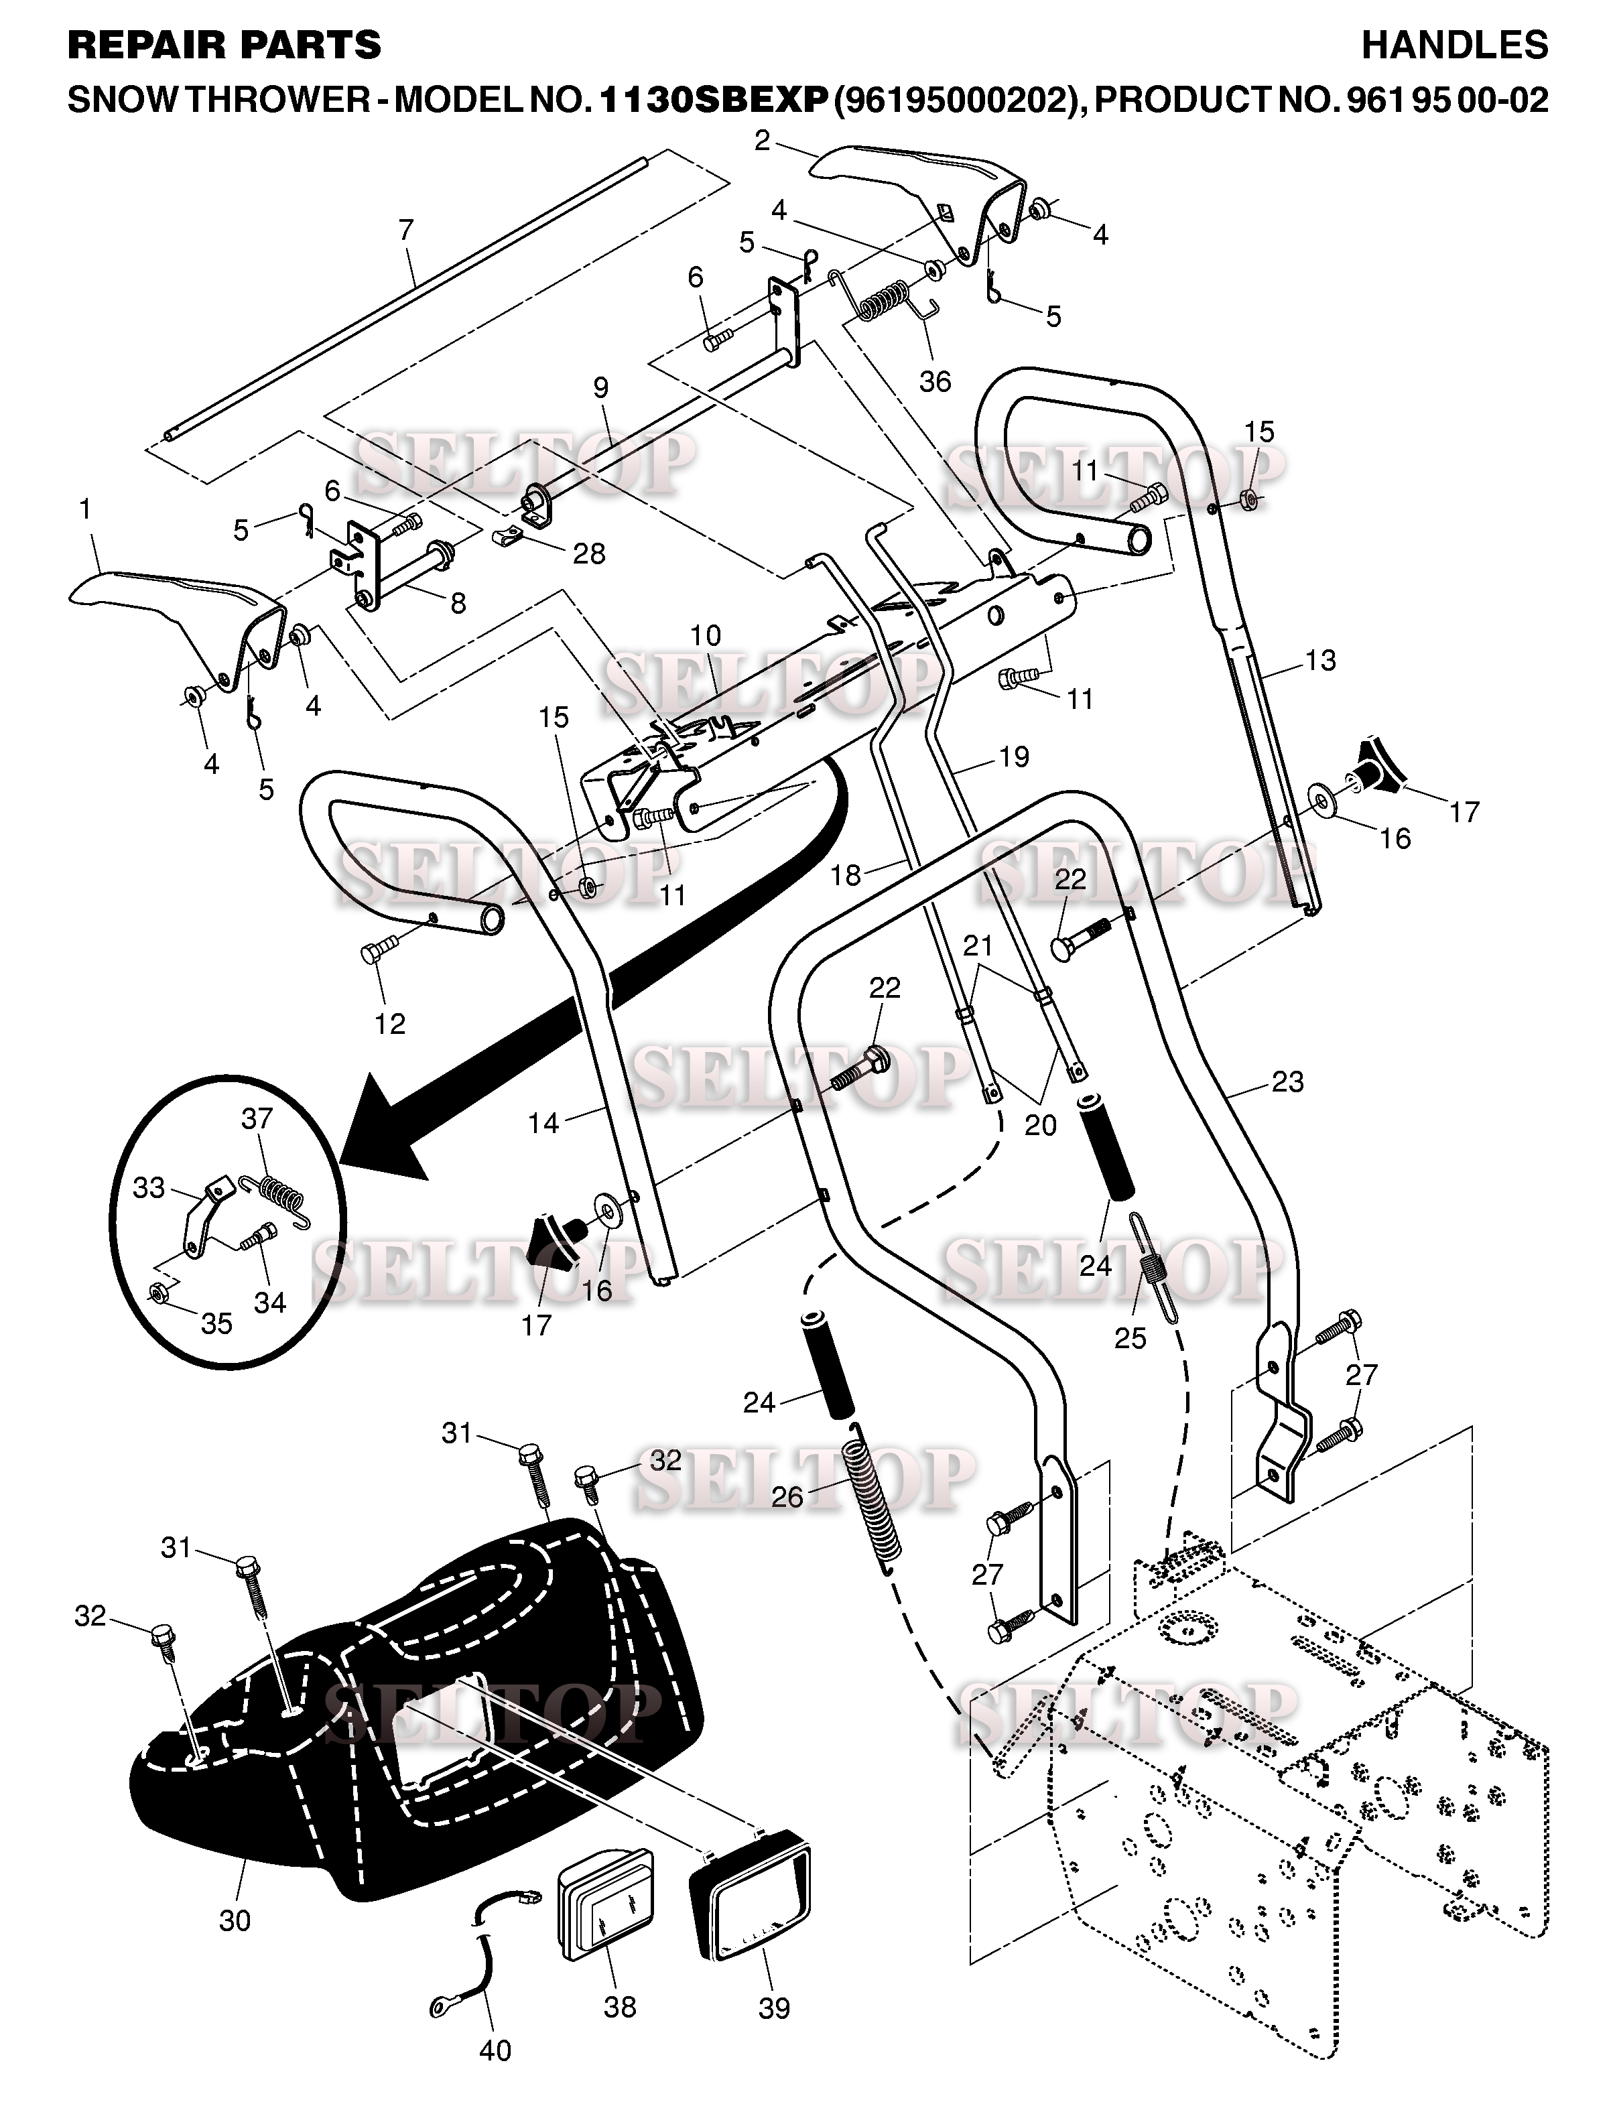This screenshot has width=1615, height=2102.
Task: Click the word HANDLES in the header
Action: pyautogui.click(x=1454, y=44)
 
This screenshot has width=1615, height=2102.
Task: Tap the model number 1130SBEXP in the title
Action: pyautogui.click(x=712, y=99)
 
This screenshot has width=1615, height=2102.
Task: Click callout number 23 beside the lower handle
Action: pyautogui.click(x=1287, y=1081)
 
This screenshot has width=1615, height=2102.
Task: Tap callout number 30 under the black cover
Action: pyautogui.click(x=235, y=1920)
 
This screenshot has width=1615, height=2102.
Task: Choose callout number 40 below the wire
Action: pyautogui.click(x=495, y=2050)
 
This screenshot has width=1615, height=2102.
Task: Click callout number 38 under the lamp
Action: pyautogui.click(x=620, y=2007)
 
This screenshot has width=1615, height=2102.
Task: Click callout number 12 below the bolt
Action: pyautogui.click(x=389, y=1024)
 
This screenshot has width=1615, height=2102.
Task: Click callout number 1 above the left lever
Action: pyautogui.click(x=86, y=509)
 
